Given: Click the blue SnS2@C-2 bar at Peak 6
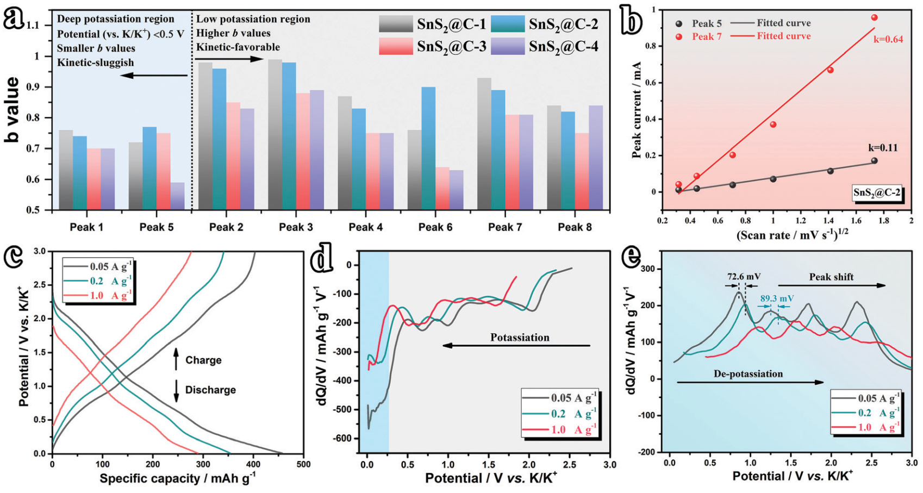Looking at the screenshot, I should (x=428, y=148).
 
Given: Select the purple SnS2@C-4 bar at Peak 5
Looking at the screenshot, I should (x=177, y=196).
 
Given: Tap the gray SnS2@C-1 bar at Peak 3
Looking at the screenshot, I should (x=275, y=134).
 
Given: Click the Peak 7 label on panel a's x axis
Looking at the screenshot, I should (x=505, y=227).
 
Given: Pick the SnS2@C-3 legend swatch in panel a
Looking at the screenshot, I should (x=396, y=47).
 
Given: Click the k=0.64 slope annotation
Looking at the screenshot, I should (x=888, y=39).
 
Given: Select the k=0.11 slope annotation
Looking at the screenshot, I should (x=882, y=148).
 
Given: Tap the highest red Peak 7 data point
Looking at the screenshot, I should (x=875, y=18).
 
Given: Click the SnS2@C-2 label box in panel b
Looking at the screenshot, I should (x=876, y=192).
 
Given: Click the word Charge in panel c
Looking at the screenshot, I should (x=203, y=360).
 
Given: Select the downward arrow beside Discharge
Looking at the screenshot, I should (x=176, y=390).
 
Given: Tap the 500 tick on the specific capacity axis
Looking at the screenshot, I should (x=303, y=465).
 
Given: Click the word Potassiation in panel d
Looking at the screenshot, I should (x=520, y=338).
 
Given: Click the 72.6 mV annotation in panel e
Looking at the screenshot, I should (x=744, y=277).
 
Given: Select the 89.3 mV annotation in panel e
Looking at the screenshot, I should (x=777, y=298).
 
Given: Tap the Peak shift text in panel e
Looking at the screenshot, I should (x=831, y=277).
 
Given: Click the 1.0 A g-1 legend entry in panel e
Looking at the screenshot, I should (x=878, y=427).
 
